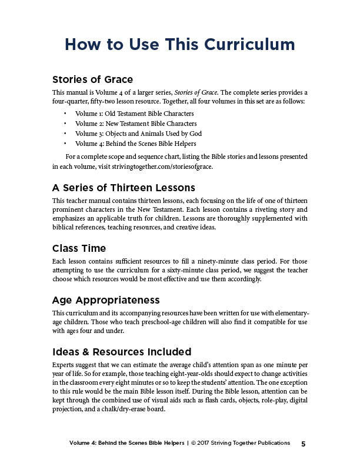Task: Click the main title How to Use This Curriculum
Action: click(x=179, y=45)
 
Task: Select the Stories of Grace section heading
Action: click(x=92, y=79)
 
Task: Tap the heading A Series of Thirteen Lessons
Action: click(x=124, y=188)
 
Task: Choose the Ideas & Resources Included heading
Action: click(x=122, y=352)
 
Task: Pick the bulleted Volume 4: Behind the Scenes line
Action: click(x=135, y=143)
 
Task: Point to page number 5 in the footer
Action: click(x=303, y=443)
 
